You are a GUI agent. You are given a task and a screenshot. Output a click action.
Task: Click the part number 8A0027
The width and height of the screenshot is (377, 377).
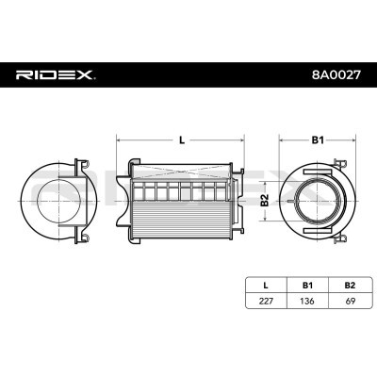tap(336, 74)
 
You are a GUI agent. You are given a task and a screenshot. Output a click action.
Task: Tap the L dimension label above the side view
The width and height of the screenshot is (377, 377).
tap(182, 140)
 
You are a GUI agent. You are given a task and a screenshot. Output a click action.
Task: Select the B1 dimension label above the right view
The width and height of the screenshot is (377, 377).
tap(318, 140)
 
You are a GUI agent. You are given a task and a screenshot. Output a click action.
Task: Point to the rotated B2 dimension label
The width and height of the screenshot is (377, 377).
tap(265, 200)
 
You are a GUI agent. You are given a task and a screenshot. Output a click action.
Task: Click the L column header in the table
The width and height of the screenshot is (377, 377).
tap(266, 286)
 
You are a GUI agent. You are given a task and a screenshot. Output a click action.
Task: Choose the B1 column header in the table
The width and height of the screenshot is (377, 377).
tap(307, 286)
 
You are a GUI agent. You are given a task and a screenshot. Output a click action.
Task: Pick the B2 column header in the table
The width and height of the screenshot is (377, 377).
tap(350, 286)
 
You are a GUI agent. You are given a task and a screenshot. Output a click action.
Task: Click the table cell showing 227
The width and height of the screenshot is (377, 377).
tap(266, 301)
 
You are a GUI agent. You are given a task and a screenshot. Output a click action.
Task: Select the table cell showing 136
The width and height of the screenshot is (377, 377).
tap(307, 301)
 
